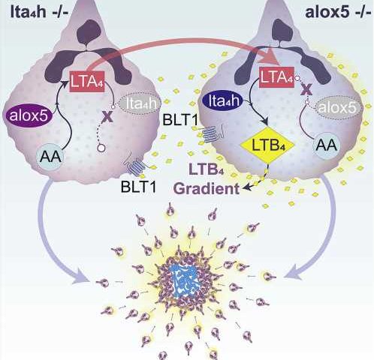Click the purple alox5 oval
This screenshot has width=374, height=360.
(x=29, y=115)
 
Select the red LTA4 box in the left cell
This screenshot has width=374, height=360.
(x=87, y=81)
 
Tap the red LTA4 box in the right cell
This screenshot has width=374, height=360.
(x=277, y=77)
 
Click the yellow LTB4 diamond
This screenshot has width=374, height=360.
(x=268, y=145)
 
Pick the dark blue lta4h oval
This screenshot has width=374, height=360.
(x=223, y=101)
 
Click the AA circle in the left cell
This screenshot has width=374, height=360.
(x=50, y=157)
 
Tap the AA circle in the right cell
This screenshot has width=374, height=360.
(x=327, y=145)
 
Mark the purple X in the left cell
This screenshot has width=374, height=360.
(x=107, y=116)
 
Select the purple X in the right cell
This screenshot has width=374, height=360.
(x=307, y=89)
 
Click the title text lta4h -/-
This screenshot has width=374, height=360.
(x=39, y=12)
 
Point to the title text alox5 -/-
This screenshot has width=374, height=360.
(x=338, y=12)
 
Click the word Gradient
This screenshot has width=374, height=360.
(x=207, y=189)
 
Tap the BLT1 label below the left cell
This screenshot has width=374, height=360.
(x=138, y=186)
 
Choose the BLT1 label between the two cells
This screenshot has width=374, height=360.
(x=180, y=119)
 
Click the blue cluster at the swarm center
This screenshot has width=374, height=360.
(x=184, y=281)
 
